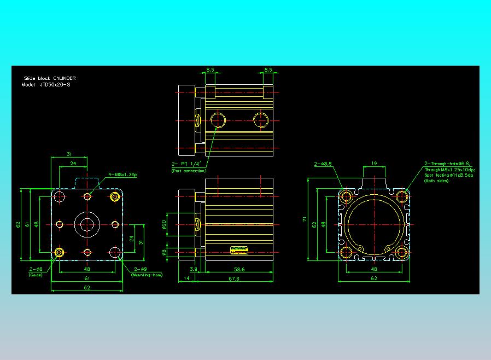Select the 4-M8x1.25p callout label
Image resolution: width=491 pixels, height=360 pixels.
click(122, 175)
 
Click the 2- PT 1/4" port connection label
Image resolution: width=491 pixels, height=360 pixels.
click(187, 163)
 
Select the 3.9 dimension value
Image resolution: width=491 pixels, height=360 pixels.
click(192, 269)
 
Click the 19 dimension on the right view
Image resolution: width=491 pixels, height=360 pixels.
click(374, 163)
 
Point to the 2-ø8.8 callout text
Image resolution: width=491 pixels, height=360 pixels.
click(324, 164)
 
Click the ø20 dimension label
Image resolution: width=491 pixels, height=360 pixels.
click(164, 224)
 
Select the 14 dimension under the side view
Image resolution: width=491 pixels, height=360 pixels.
click(186, 278)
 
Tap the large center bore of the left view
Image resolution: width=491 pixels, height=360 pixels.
click(87, 224)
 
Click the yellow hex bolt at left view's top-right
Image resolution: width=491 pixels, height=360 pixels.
click(115, 196)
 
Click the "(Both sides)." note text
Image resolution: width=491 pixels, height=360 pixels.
click(437, 181)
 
